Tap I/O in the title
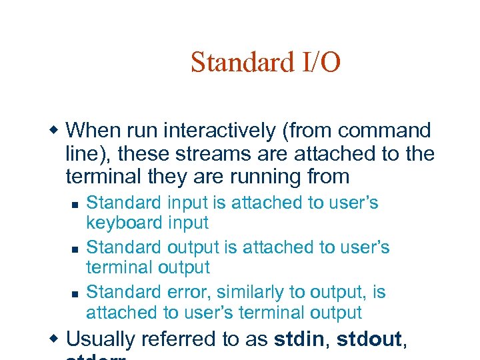pos(319,63)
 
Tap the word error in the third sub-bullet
pos(186,292)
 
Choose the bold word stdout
pos(369,339)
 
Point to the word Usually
pos(101,339)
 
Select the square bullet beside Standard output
pos(75,248)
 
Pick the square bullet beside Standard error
pos(75,293)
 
